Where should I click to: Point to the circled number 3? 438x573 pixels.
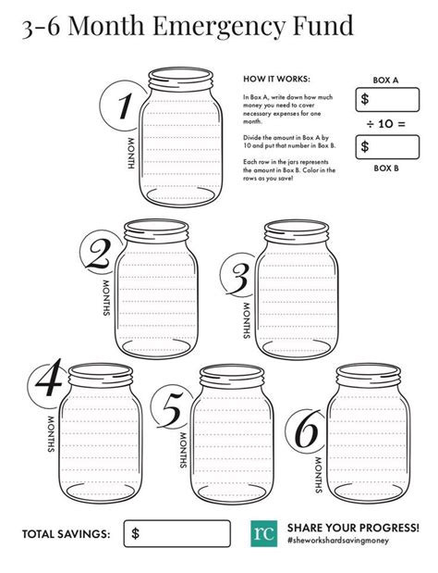coord(238,275)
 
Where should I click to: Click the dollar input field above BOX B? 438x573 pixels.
coord(384,146)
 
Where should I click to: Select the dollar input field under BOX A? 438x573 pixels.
coord(384,98)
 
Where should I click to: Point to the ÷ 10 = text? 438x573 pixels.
coord(383,122)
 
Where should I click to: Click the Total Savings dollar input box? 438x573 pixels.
coord(176,533)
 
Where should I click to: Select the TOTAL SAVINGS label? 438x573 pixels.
coord(66,534)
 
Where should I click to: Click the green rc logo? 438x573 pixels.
coord(263,532)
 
